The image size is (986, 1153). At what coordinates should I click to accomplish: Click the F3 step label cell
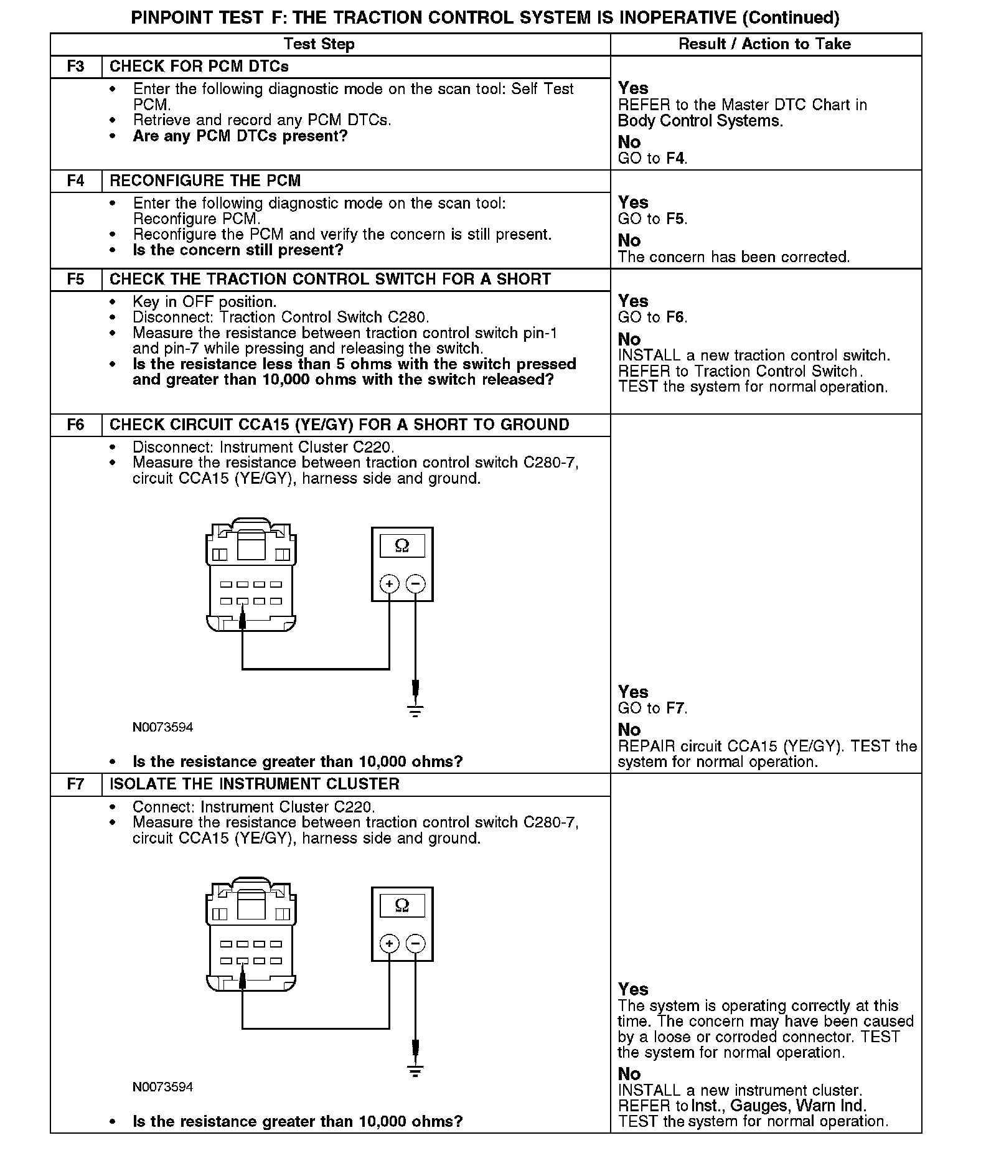click(75, 67)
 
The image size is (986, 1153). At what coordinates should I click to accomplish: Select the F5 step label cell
click(75, 280)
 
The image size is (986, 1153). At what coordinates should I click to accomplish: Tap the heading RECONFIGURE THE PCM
click(205, 181)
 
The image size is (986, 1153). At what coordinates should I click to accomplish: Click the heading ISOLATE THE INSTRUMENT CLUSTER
click(255, 784)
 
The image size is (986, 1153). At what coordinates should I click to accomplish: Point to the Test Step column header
click(319, 44)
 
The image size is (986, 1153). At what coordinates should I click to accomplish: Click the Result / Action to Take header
click(764, 44)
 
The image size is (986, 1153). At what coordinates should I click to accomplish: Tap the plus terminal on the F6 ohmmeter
click(389, 584)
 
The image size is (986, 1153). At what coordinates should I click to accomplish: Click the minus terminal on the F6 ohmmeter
click(415, 584)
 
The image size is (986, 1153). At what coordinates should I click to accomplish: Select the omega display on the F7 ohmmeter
click(402, 905)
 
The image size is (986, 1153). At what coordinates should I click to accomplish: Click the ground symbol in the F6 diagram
click(415, 710)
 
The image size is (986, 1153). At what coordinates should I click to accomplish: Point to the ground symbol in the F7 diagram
click(415, 1071)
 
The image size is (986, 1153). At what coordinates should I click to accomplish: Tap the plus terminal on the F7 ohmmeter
click(389, 944)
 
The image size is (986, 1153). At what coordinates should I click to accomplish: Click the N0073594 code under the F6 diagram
click(162, 727)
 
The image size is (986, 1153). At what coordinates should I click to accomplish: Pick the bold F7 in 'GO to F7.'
click(675, 708)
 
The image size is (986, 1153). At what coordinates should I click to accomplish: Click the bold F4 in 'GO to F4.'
click(675, 159)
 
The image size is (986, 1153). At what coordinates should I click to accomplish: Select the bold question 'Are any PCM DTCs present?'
click(240, 136)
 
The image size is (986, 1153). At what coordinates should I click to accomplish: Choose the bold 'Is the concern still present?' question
click(238, 250)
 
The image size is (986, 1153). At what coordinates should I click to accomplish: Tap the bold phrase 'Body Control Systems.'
click(700, 121)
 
